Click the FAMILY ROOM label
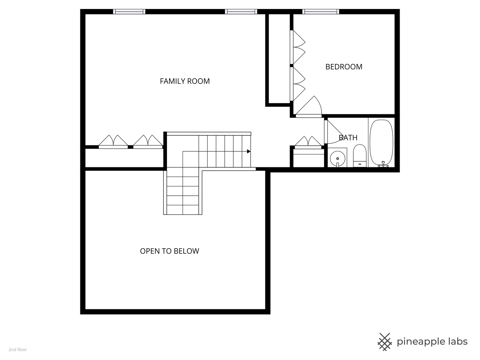tap(185, 81)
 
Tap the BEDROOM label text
tap(344, 67)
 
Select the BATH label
tap(348, 137)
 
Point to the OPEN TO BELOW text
tap(169, 251)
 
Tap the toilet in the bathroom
tap(359, 155)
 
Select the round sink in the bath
tap(338, 159)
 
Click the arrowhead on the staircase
tap(249, 151)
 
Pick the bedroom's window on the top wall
tap(321, 12)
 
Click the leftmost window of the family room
tap(129, 12)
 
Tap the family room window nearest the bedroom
tap(241, 12)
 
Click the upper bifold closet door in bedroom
tap(297, 47)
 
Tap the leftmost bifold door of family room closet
tap(113, 142)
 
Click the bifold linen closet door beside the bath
tap(308, 142)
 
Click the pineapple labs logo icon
tap(385, 342)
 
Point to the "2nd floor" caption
tap(18, 350)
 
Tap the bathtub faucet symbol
tap(383, 164)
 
